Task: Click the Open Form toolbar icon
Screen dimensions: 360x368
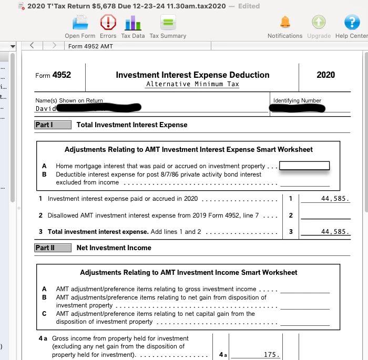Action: pos(80,23)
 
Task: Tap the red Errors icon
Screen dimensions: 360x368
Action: pos(108,23)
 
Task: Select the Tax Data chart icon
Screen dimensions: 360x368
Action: pos(132,23)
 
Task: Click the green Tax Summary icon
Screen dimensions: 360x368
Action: pos(168,23)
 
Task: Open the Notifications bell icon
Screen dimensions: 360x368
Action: pos(284,23)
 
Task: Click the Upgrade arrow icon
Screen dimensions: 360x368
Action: pos(319,23)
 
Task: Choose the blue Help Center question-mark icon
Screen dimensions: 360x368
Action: pos(351,23)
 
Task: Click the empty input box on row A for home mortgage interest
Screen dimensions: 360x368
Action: pos(304,166)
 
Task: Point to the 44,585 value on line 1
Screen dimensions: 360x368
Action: pos(335,199)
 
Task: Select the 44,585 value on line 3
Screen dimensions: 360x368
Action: pos(335,232)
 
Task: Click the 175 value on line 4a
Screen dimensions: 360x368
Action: pos(271,355)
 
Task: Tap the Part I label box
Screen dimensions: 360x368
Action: pos(53,125)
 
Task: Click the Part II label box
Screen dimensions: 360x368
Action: pos(53,248)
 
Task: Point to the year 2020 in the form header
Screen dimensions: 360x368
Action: pos(325,75)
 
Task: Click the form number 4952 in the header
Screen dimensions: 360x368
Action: pos(62,75)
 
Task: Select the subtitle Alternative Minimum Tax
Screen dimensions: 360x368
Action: pos(192,84)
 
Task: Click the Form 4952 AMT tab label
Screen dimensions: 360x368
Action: pos(90,46)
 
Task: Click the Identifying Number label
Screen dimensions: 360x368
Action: pos(297,100)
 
